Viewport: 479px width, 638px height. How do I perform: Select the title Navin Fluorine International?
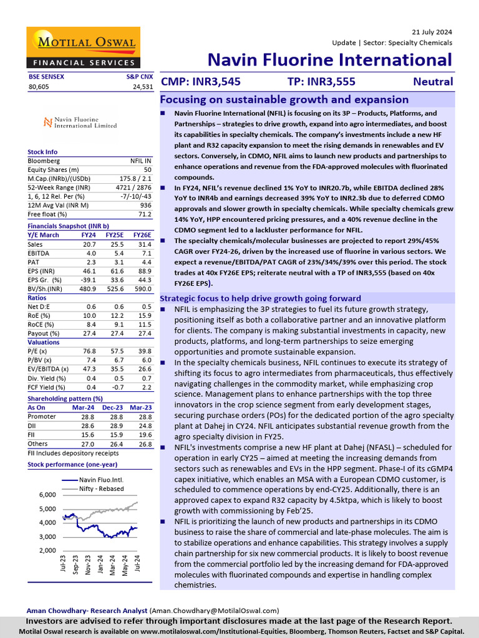329,60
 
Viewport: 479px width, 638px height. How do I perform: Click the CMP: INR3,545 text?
201,82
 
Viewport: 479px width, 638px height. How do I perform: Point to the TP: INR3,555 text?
322,82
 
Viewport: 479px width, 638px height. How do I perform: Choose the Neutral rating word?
433,82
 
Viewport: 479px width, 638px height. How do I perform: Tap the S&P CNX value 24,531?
143,87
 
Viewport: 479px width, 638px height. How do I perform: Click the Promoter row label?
42,416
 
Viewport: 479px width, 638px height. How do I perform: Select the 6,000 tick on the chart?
48,495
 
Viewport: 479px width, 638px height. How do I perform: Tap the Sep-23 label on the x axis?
75,565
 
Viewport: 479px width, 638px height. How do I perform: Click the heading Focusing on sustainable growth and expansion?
284,100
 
